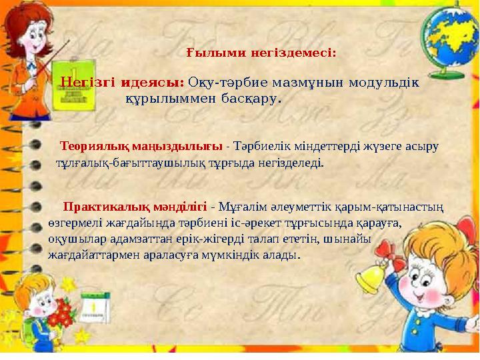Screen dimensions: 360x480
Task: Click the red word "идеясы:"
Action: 159,83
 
